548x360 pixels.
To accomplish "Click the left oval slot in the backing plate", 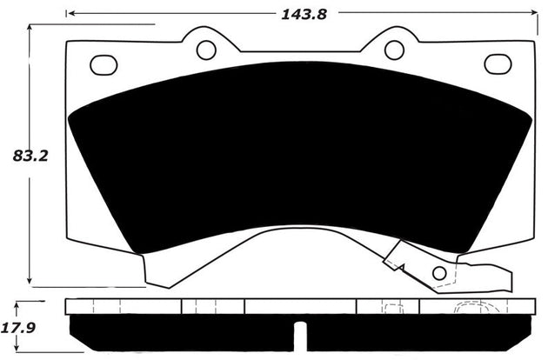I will click(104, 64).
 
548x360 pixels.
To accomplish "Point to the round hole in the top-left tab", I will click(206, 50).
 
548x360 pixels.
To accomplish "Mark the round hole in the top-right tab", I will click(394, 50).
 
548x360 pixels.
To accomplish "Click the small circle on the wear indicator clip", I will click(439, 274).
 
